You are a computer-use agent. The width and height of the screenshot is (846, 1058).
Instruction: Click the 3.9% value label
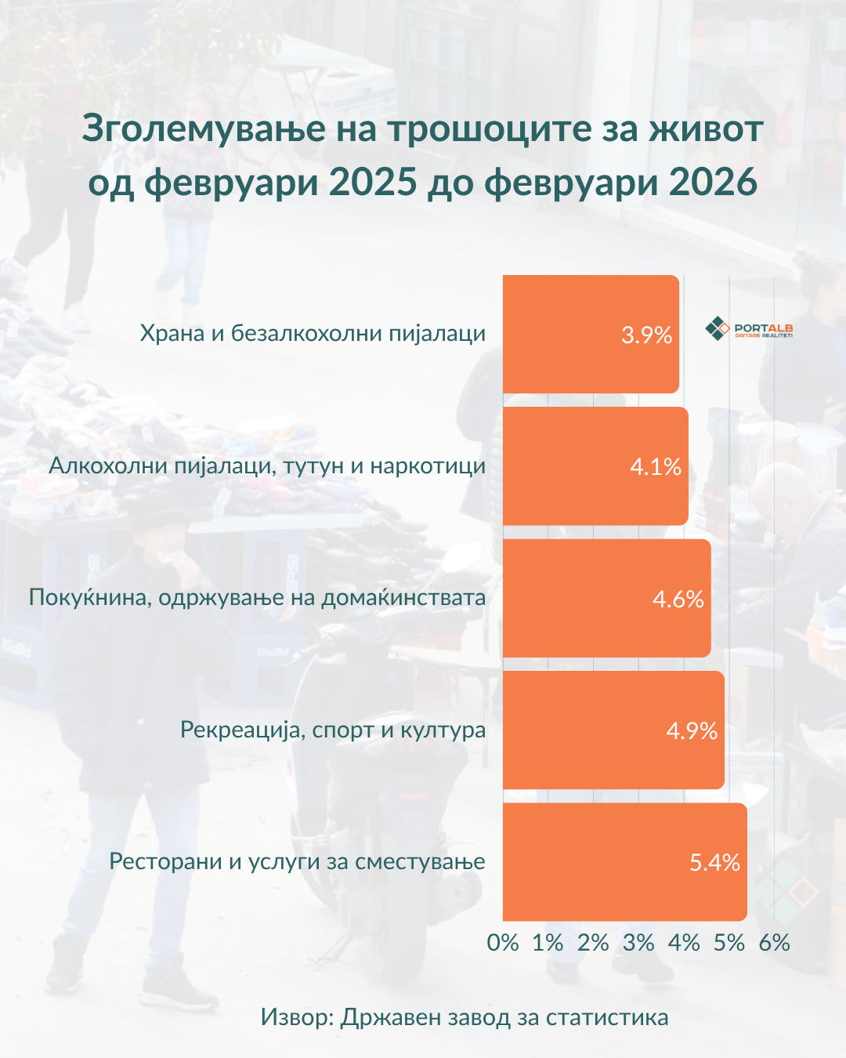click(646, 335)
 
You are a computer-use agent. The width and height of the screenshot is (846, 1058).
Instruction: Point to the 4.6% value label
click(678, 600)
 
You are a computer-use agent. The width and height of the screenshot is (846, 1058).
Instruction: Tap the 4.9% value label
click(692, 731)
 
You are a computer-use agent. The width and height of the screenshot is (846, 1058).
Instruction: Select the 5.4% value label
click(714, 863)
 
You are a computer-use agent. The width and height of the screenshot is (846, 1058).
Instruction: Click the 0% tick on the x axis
click(503, 943)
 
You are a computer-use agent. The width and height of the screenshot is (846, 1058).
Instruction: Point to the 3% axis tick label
click(638, 943)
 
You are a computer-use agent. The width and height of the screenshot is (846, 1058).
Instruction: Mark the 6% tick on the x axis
click(774, 943)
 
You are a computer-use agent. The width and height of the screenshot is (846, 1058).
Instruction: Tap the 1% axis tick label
click(548, 943)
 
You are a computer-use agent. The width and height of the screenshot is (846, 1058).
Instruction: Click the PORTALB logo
click(750, 329)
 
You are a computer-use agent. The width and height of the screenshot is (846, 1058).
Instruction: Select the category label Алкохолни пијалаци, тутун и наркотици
click(267, 466)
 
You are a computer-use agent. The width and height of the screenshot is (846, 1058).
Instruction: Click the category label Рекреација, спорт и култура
click(333, 730)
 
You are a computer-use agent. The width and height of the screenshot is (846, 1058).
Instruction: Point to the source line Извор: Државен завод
click(465, 1017)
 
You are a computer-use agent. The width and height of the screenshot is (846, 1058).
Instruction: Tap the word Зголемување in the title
click(204, 129)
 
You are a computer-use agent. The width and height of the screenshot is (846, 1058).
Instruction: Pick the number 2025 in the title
click(373, 182)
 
